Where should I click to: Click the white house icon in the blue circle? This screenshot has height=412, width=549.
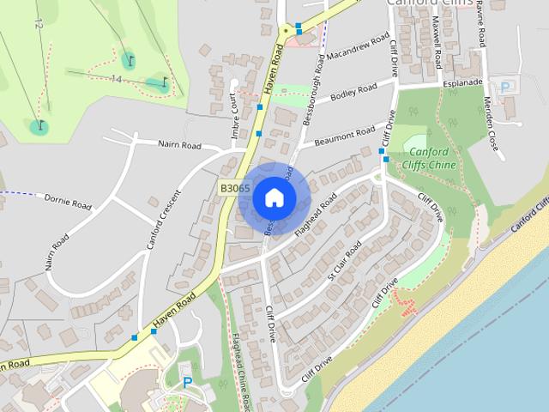tap(274, 197)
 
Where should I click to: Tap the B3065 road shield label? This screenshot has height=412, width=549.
tap(234, 188)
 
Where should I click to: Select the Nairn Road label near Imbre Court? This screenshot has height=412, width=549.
tap(178, 144)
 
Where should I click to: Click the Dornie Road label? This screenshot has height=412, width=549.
tap(68, 203)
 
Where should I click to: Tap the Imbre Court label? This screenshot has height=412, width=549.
tap(233, 117)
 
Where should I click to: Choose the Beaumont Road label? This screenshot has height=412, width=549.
tap(346, 136)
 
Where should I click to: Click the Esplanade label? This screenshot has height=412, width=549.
tap(463, 82)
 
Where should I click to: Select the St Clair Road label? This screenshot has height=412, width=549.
tap(345, 260)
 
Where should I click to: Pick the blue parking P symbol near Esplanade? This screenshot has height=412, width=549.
tap(505, 87)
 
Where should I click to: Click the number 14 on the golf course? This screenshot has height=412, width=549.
tap(117, 79)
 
